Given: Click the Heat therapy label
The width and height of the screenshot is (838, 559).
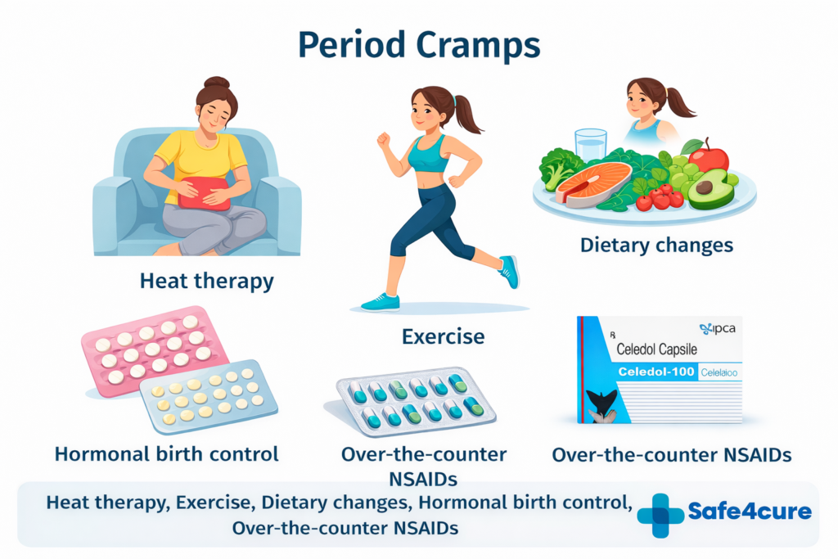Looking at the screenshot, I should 206,281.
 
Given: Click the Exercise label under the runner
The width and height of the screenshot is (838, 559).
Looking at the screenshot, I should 443,336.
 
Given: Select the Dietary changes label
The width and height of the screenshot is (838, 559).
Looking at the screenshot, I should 656,245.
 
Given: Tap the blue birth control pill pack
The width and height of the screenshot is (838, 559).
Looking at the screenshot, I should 209,396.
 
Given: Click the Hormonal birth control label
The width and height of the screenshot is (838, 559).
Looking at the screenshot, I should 167,453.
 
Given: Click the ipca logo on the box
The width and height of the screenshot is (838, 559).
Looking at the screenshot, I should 718,328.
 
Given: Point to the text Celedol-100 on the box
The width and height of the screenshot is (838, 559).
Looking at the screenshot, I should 654,372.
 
